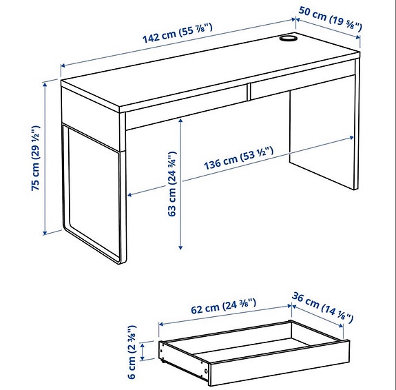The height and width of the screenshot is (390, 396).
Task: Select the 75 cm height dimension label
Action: (37, 158)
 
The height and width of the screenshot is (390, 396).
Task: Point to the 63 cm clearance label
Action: (172, 184)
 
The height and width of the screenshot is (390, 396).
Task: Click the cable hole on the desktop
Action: (289, 40)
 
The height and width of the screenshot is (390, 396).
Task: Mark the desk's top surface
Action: (207, 69)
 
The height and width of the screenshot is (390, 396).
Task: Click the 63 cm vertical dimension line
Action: (180, 183)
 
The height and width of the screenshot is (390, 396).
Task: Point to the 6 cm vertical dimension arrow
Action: (143, 353)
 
